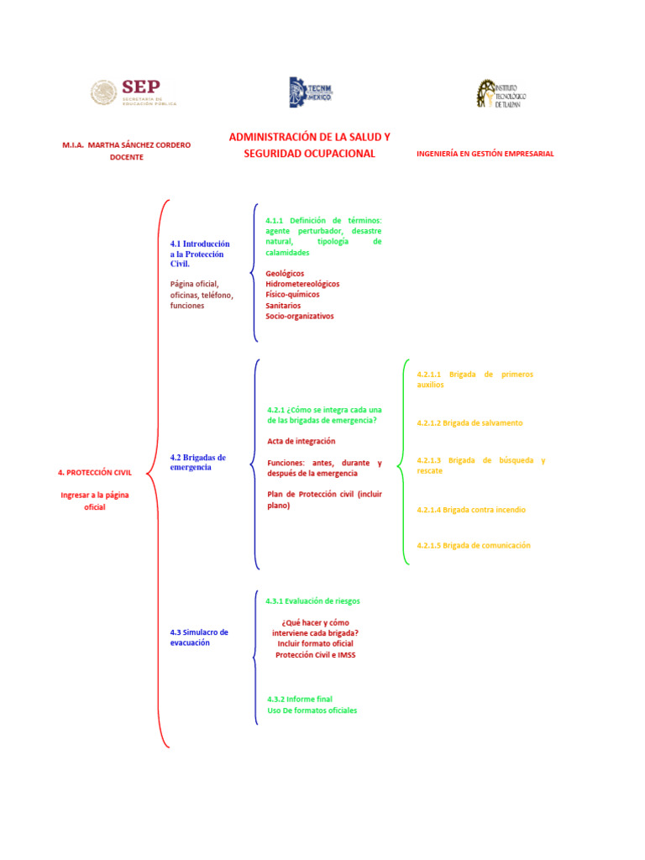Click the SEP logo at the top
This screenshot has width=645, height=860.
click(134, 92)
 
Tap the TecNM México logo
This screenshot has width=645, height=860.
click(311, 92)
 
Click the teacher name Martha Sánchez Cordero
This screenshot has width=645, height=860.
click(127, 144)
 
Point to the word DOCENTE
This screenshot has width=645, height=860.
click(127, 157)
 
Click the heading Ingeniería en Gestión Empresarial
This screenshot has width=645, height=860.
click(485, 154)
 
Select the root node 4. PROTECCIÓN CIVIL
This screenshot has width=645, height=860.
click(95, 473)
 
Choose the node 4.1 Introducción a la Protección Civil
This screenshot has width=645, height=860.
click(199, 254)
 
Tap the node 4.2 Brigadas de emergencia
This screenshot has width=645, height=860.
click(197, 462)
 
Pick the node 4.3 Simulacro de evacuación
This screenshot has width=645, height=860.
click(198, 637)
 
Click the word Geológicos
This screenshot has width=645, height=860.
click(285, 273)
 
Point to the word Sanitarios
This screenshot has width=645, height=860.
click(283, 306)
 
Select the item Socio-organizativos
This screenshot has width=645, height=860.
click(299, 317)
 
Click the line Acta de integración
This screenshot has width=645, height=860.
click(301, 441)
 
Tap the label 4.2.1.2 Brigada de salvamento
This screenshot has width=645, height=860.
click(469, 423)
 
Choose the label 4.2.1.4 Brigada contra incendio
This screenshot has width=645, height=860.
click(471, 510)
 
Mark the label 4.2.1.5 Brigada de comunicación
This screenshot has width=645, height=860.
click(474, 545)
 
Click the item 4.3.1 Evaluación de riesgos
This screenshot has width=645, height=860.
click(312, 601)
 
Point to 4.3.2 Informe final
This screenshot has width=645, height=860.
click(300, 699)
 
